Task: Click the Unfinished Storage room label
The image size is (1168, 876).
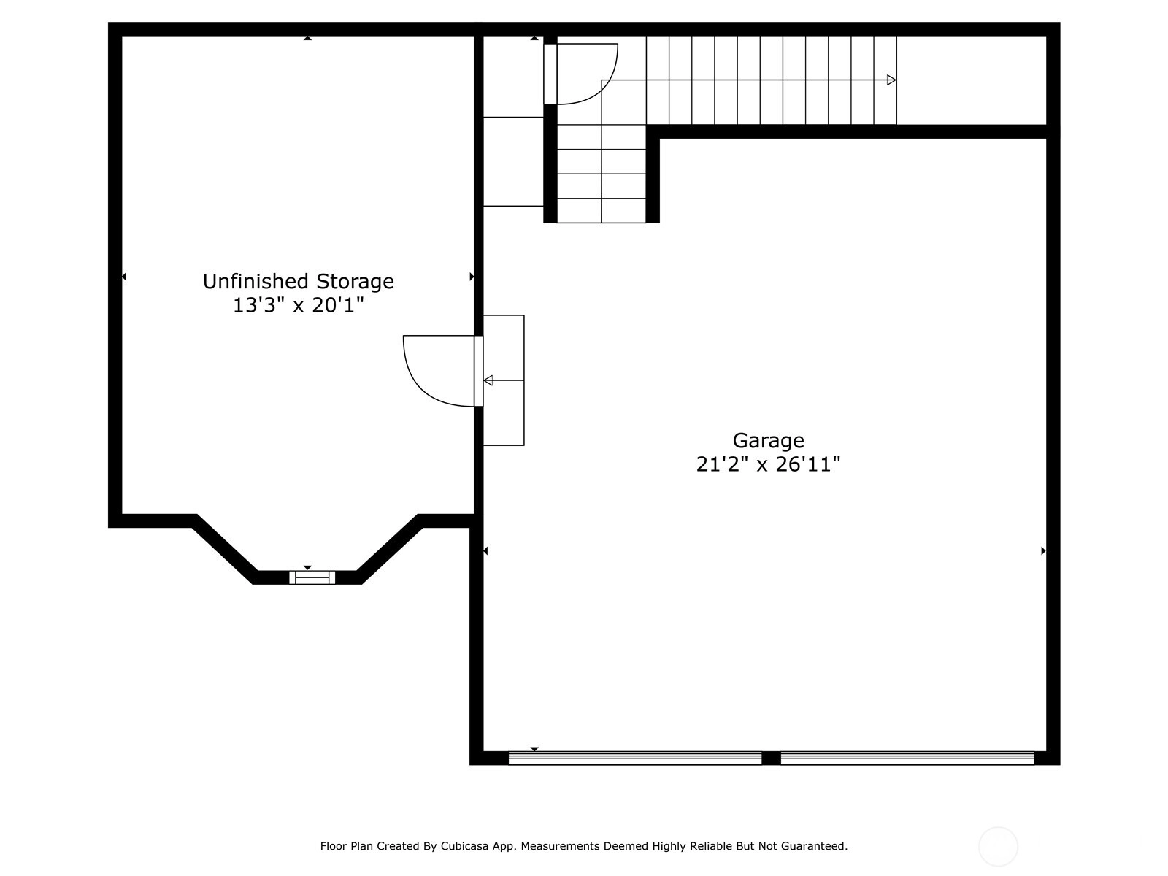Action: tap(298, 281)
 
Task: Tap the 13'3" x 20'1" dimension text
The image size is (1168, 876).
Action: tap(298, 305)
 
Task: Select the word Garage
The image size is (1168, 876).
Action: tap(768, 441)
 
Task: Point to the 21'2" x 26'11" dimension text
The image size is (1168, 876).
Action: tap(768, 464)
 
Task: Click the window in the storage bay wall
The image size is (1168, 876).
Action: tap(312, 577)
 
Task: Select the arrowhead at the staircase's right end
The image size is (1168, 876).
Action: tap(891, 80)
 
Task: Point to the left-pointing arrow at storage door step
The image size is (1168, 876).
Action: tap(504, 380)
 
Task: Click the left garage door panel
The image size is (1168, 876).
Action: tap(635, 758)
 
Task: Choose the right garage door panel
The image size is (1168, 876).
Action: tap(907, 758)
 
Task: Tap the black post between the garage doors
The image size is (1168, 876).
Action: tap(771, 758)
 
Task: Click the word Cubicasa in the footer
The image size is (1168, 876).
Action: tap(464, 845)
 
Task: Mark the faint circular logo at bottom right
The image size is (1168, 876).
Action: tap(998, 847)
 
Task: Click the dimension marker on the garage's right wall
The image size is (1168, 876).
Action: tap(1043, 551)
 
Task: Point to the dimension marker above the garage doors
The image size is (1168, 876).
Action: tap(534, 749)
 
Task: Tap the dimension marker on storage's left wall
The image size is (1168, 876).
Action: tap(124, 277)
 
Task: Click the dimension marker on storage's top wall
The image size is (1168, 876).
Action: tap(307, 38)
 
